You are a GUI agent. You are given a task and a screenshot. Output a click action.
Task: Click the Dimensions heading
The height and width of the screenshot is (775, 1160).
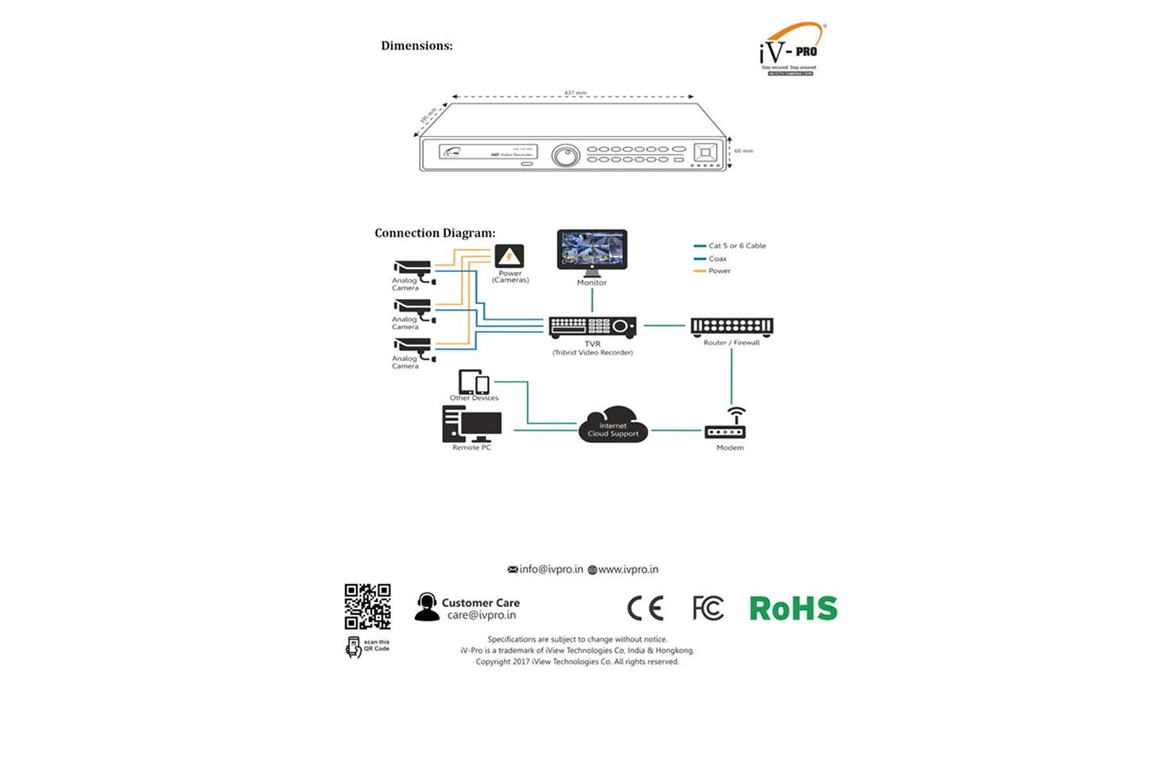(x=417, y=46)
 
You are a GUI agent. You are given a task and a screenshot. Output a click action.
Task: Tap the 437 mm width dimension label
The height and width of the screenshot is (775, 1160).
(x=575, y=93)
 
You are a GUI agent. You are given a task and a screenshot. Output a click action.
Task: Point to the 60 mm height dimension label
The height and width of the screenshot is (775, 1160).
(x=743, y=151)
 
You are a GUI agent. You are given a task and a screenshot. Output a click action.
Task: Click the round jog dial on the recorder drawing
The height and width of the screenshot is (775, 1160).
(x=566, y=155)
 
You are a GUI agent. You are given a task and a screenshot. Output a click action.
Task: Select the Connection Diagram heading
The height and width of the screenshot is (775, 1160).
(x=435, y=233)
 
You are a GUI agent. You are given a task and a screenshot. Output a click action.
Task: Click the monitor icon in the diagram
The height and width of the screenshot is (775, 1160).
(x=592, y=251)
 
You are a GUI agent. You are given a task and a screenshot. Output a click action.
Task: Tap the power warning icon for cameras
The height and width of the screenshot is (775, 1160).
(x=509, y=256)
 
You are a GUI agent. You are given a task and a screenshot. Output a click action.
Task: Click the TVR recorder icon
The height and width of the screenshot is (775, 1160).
(x=593, y=326)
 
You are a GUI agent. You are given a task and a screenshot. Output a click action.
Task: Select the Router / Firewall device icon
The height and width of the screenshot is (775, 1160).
(x=732, y=326)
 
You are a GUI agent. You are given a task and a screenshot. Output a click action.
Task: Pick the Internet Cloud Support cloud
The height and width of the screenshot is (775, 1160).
(x=613, y=425)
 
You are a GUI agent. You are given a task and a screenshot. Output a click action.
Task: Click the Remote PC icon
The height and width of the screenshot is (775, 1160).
(x=471, y=424)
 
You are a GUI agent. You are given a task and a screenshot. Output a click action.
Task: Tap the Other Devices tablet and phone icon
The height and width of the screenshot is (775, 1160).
(x=474, y=382)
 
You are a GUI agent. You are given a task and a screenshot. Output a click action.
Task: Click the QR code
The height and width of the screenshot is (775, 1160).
(x=367, y=606)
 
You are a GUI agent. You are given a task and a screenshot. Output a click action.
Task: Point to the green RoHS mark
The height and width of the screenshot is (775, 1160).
(x=793, y=608)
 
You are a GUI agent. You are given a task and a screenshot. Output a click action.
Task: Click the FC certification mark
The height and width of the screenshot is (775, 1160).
(x=708, y=608)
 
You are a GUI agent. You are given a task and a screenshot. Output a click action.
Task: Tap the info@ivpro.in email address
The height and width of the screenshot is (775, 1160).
(x=551, y=570)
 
